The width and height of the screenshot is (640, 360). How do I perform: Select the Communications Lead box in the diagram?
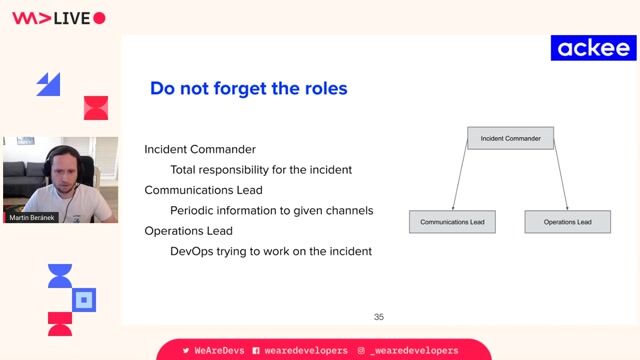click(452, 221)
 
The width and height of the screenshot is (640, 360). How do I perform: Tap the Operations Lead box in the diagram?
click(567, 221)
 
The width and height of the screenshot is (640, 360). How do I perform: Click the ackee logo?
click(593, 48)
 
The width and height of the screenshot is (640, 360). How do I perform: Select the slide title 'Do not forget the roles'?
click(248, 89)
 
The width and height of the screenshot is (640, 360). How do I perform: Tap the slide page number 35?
click(379, 317)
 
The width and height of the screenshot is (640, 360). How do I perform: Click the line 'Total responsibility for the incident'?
click(261, 170)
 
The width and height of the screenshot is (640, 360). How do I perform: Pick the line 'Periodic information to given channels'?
click(271, 210)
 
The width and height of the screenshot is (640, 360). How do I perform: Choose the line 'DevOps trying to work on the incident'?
click(271, 251)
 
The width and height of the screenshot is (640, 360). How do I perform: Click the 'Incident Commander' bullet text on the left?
click(200, 149)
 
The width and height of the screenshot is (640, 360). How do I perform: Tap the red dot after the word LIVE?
click(99, 18)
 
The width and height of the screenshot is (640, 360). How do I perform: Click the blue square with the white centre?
click(85, 298)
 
